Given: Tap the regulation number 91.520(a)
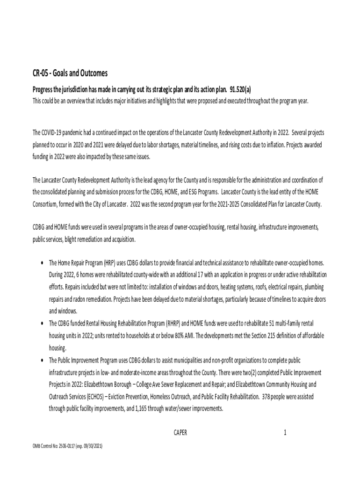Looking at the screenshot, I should pos(237,89).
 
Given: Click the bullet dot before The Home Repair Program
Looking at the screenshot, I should pos(43,262).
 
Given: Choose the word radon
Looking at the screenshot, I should pos(79,298).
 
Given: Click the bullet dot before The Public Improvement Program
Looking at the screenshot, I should pos(43,360).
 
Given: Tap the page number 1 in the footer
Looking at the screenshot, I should pos(285,433).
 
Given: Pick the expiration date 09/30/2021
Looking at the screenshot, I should pos(91,446).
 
